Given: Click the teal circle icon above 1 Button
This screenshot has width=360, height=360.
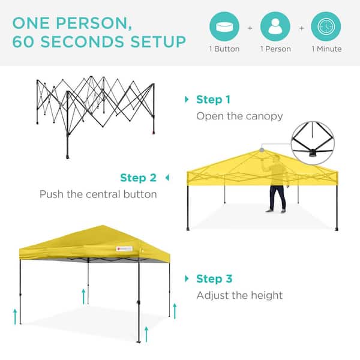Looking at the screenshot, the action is point(224,26).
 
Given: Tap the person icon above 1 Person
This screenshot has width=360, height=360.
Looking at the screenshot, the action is point(275,26).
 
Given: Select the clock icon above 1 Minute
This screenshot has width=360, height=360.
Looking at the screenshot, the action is point(326,26).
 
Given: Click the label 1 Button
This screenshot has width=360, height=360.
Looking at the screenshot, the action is point(224,49).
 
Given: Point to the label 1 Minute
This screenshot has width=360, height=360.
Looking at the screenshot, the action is point(326,49).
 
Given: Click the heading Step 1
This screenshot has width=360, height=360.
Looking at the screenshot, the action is point(213,100).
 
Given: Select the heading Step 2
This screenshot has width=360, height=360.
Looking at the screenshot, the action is point(138,178).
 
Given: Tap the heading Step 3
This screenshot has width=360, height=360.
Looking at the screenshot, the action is point(214,279).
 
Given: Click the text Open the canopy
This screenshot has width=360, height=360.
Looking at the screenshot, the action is point(239,116).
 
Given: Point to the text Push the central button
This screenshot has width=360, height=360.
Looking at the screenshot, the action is point(98,194).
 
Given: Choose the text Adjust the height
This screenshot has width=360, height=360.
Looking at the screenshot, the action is point(239,295).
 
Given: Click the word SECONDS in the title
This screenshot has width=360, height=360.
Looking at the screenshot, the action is point(82,42).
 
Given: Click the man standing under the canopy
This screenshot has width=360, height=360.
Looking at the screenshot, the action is point(277,183).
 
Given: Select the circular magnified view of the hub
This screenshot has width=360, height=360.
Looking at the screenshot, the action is point(313,143).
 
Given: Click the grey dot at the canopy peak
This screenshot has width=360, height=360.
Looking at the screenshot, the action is point(262,150).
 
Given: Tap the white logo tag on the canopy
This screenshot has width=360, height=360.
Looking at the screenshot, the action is point(124,248).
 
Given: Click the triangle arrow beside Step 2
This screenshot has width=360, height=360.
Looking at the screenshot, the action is point(167,178).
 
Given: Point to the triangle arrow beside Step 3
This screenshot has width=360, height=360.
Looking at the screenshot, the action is point(187,279).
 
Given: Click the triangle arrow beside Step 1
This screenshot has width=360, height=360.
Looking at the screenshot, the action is point(187,100).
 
